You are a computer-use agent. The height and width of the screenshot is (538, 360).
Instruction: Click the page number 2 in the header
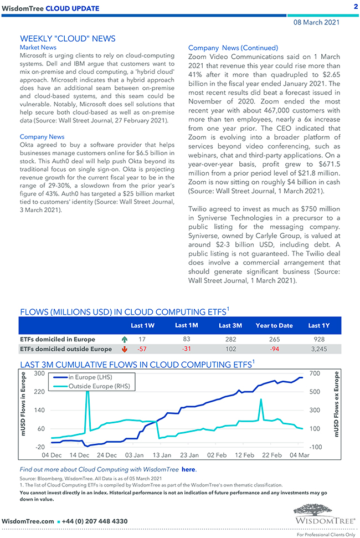(355, 6)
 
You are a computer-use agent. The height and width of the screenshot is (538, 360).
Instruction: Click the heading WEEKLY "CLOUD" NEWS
(68, 38)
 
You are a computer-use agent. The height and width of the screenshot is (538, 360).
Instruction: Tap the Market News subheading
(38, 48)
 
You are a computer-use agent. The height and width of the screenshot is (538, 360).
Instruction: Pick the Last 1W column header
(142, 325)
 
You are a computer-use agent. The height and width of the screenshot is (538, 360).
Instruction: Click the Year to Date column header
(274, 325)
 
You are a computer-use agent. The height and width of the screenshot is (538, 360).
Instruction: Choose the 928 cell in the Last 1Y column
(318, 339)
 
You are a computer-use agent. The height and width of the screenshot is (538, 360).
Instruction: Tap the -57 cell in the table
(142, 349)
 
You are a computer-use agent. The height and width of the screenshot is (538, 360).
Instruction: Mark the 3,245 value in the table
(319, 349)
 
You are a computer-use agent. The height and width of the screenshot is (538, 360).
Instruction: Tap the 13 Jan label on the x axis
(162, 455)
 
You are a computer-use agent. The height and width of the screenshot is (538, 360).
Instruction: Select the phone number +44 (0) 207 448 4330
(95, 521)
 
